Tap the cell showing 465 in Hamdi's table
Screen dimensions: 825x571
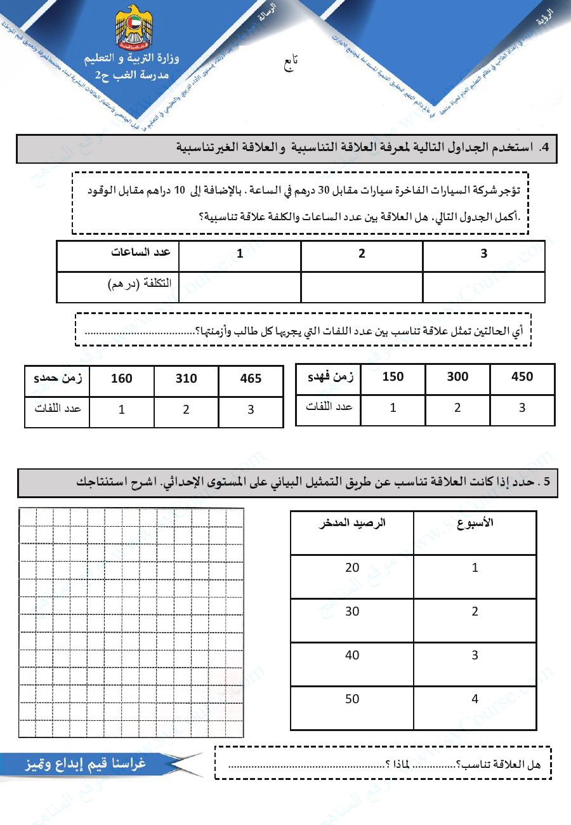251,379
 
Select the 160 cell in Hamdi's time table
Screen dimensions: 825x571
121,379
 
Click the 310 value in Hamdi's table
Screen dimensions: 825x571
186,379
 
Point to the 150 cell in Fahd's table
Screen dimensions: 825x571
393,377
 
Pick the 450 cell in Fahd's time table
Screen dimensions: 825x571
522,377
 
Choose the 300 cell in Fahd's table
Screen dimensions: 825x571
457,377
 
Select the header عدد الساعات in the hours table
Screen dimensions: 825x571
141,253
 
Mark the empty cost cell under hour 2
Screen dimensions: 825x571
362,287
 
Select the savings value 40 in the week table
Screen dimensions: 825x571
352,656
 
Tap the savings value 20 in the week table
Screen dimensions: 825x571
352,568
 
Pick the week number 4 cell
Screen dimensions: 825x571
475,699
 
